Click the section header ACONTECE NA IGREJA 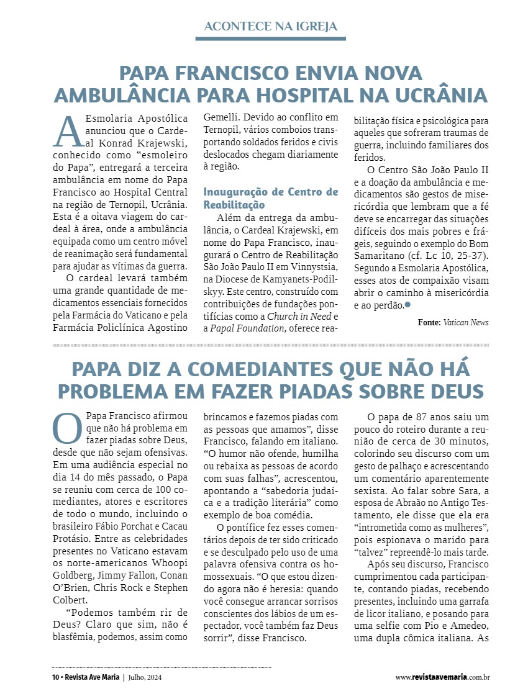tap(271, 26)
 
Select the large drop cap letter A tap(68, 132)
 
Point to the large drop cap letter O tap(67, 428)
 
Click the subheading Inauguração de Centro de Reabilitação tap(271, 197)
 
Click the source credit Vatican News tap(466, 322)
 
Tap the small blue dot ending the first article tap(407, 304)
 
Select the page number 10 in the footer tap(55, 677)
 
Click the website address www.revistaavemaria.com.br tap(443, 677)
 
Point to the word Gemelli tap(220, 117)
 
